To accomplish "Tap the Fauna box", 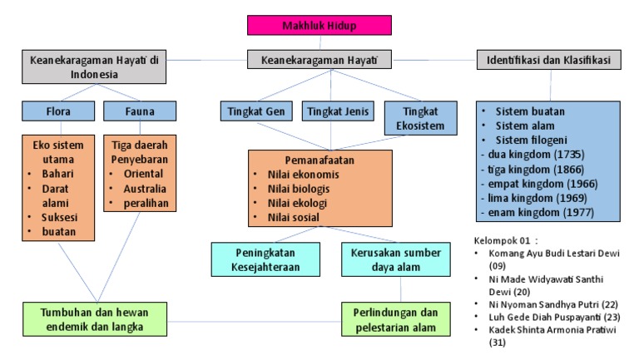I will (140, 111).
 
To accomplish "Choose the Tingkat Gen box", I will (258, 111).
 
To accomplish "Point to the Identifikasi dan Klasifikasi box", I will (549, 61).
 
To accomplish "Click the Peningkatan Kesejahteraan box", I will (263, 258).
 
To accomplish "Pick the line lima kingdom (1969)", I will (539, 199).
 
